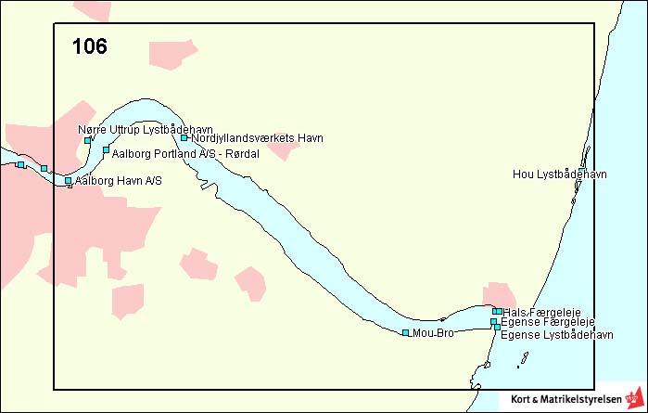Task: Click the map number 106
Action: [90, 46]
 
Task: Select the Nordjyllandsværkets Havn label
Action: [257, 138]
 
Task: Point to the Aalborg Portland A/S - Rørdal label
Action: [185, 153]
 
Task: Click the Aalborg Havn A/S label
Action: [119, 180]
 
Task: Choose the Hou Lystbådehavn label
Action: [559, 174]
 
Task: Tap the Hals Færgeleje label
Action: [541, 312]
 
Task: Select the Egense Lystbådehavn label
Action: [557, 333]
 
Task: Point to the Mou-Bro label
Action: [433, 332]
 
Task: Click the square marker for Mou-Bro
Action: [406, 332]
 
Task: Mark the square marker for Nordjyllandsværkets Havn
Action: [184, 138]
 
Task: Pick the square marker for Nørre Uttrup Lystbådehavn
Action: [88, 140]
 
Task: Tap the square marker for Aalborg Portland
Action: [106, 149]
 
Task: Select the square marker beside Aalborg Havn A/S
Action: [69, 180]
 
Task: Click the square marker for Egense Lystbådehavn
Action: [497, 328]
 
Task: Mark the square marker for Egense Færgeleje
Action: [493, 321]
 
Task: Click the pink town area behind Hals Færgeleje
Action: [499, 295]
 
